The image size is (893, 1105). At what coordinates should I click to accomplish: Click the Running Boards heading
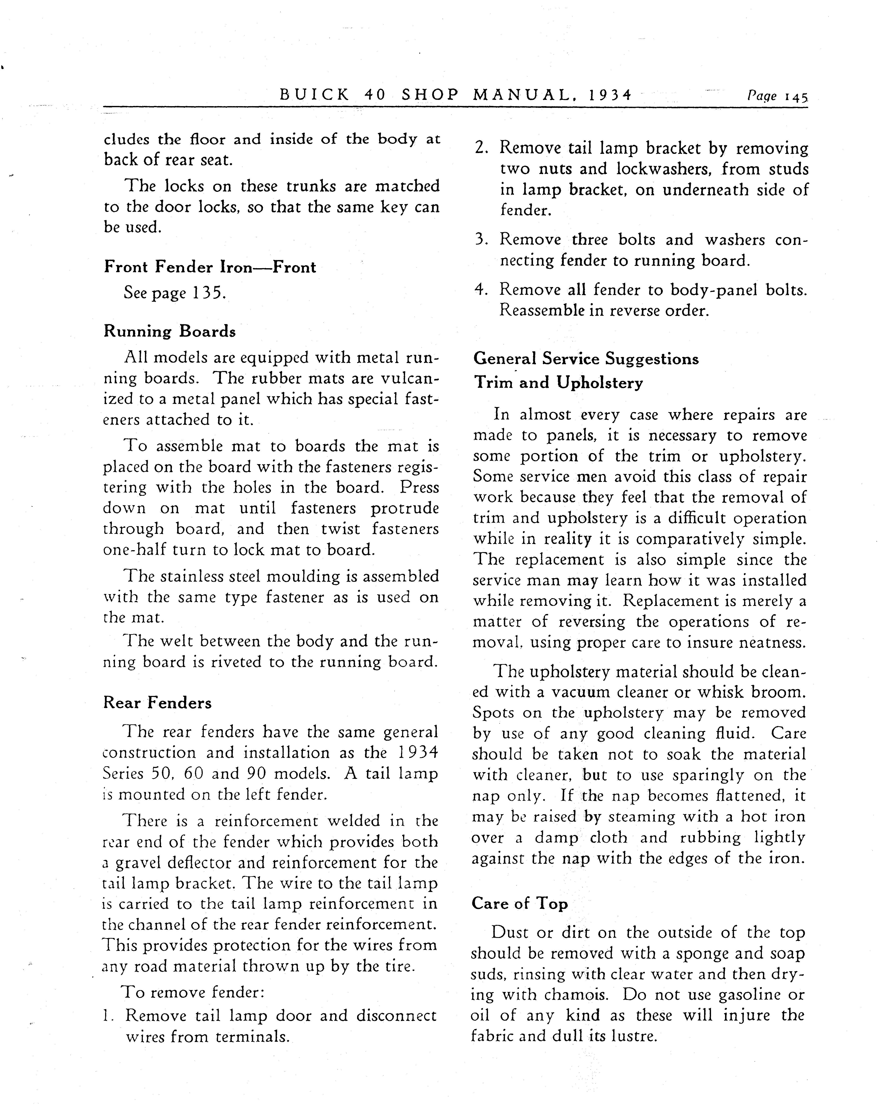click(x=170, y=331)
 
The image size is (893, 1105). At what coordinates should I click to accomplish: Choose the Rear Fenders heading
click(x=157, y=703)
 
